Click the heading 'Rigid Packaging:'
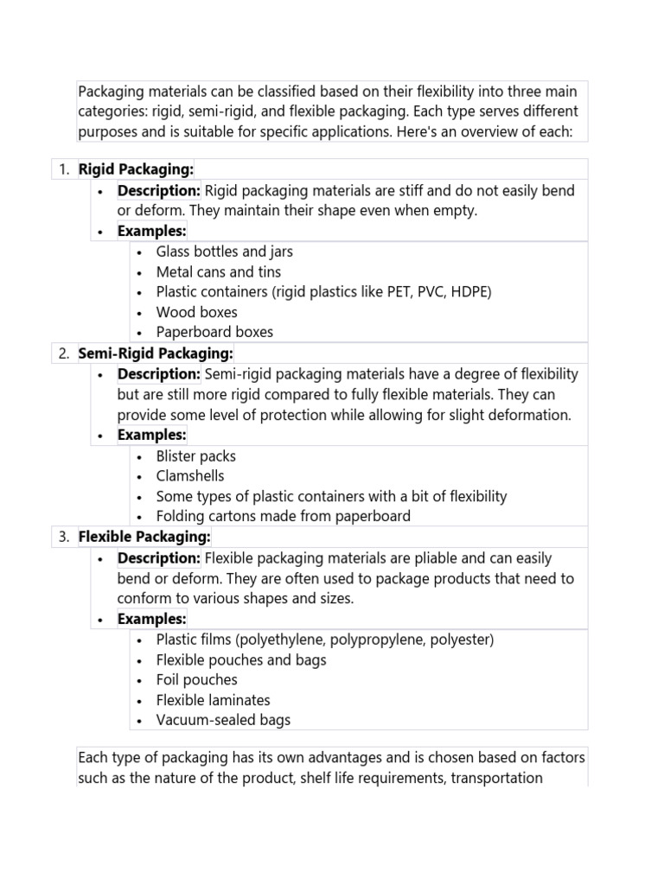pyautogui.click(x=136, y=169)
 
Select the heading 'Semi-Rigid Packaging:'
pyautogui.click(x=156, y=353)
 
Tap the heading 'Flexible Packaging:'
pyautogui.click(x=144, y=538)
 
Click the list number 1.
pyautogui.click(x=64, y=169)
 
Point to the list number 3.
pyautogui.click(x=64, y=538)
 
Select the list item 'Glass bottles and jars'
pyautogui.click(x=224, y=251)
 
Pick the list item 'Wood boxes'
pyautogui.click(x=196, y=312)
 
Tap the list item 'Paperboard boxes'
pyautogui.click(x=214, y=332)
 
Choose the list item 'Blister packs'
pyautogui.click(x=195, y=456)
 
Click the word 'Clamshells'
pyautogui.click(x=190, y=476)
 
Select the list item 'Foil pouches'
pyautogui.click(x=196, y=680)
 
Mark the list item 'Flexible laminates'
pyautogui.click(x=213, y=700)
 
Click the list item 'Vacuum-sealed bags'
pyautogui.click(x=223, y=720)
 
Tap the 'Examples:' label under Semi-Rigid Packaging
pyautogui.click(x=151, y=435)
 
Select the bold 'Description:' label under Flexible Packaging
pyautogui.click(x=159, y=558)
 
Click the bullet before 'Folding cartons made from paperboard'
pyautogui.click(x=140, y=517)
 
